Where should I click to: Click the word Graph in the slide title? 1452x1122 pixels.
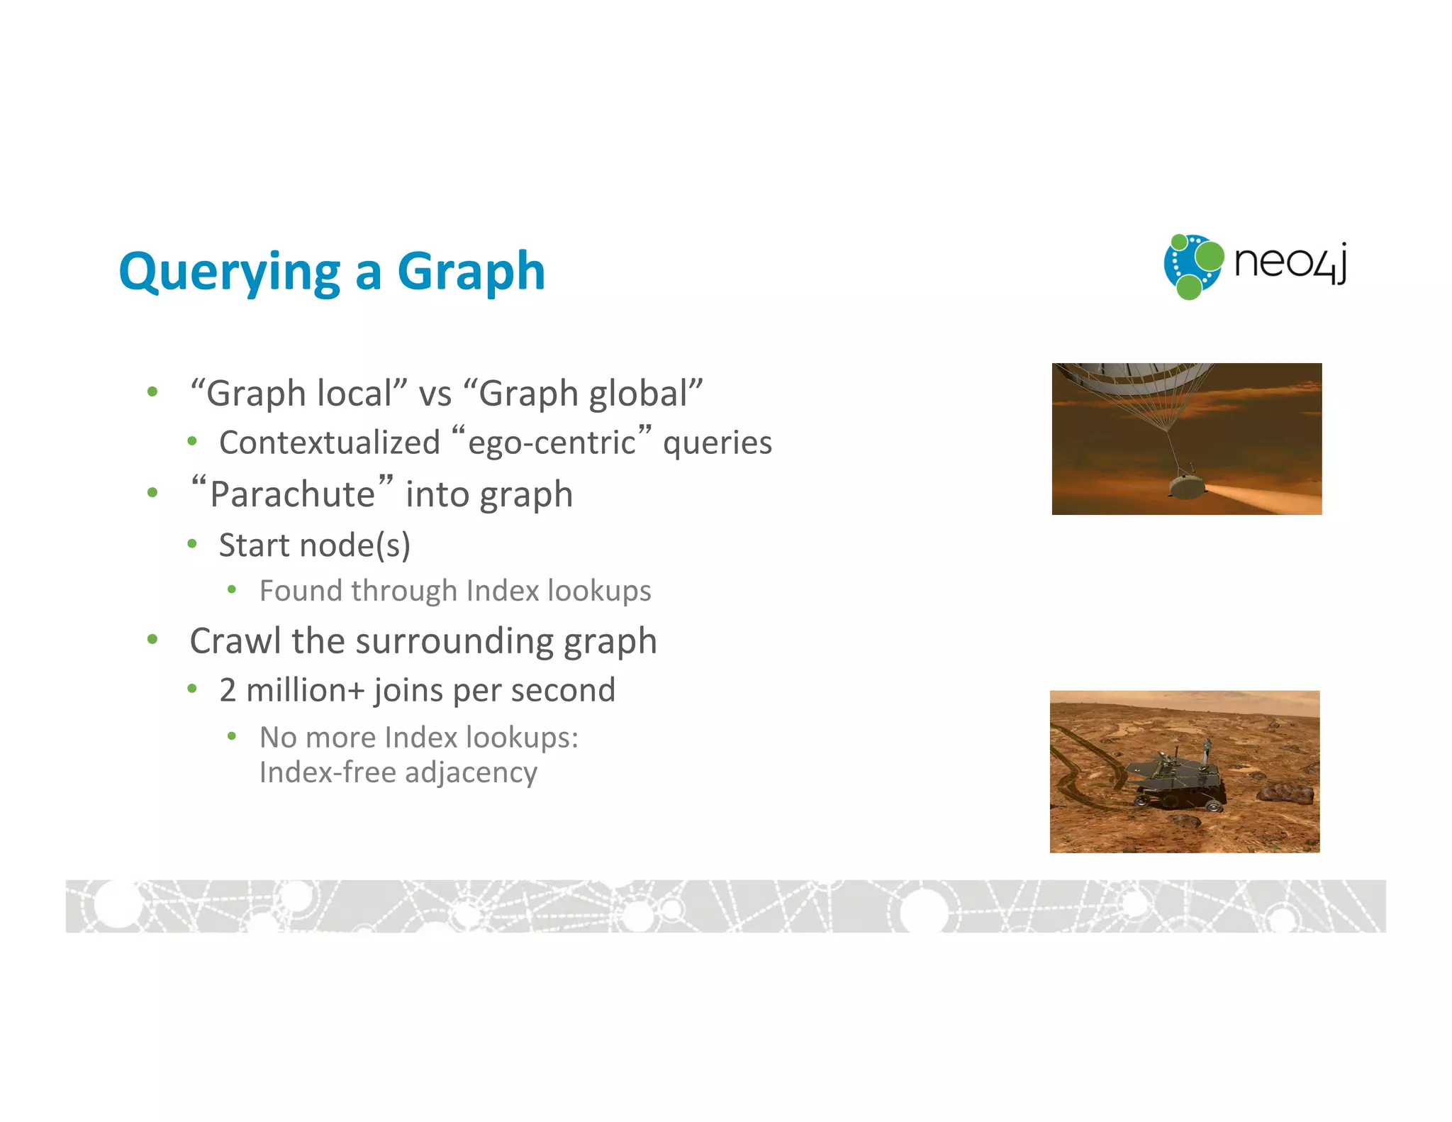[x=471, y=273]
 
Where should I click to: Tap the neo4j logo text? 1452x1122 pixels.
[x=1290, y=263]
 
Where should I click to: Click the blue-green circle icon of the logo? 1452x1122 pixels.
[x=1193, y=267]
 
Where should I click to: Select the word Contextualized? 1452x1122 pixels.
[x=330, y=443]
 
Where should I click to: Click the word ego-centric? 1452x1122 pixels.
[x=552, y=443]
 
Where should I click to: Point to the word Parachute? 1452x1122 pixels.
[x=292, y=494]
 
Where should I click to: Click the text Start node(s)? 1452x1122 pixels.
[x=314, y=545]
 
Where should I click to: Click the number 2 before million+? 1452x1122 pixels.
[x=228, y=690]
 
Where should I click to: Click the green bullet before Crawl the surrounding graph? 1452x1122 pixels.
[x=152, y=640]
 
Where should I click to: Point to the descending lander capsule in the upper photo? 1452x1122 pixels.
[x=1186, y=486]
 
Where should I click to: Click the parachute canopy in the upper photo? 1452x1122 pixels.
[x=1134, y=376]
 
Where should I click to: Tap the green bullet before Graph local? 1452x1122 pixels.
[x=152, y=392]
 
